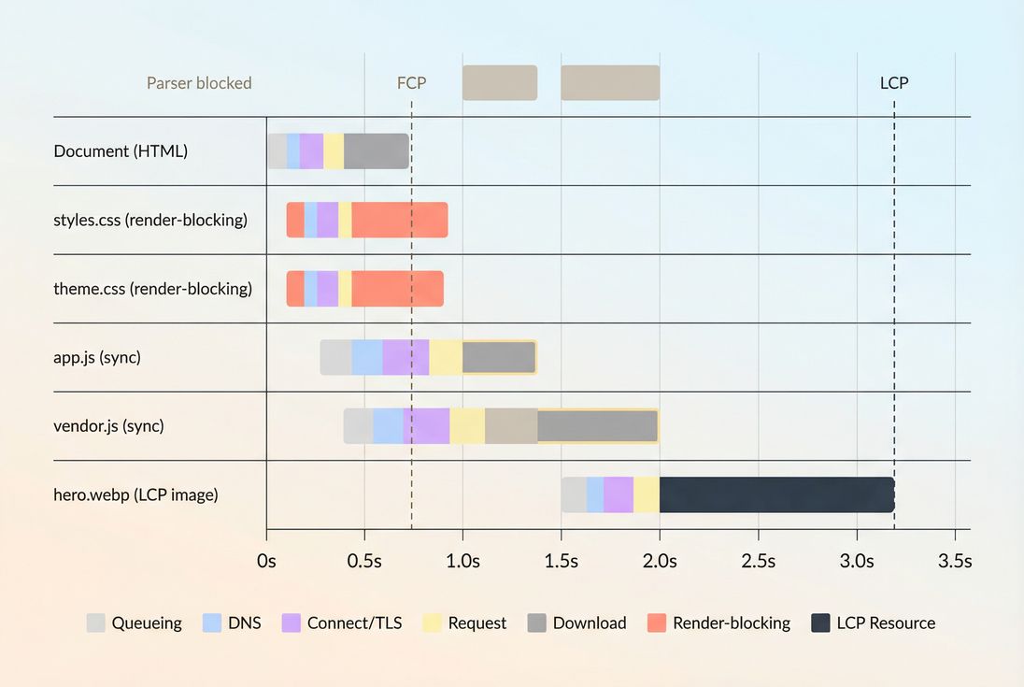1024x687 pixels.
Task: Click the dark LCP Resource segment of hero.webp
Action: [776, 494]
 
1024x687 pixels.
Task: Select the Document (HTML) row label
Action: [121, 151]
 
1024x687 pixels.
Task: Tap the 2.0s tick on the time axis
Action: [659, 562]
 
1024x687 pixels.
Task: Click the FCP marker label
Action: [411, 83]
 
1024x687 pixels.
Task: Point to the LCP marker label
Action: [893, 83]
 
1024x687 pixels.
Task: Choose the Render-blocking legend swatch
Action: [657, 623]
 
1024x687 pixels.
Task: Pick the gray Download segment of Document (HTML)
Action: [376, 151]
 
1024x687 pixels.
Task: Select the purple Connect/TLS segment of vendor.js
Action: [426, 426]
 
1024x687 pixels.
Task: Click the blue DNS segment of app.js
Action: [367, 358]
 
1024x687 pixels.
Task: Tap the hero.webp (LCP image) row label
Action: [135, 495]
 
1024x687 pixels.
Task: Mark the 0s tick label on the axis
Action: [266, 562]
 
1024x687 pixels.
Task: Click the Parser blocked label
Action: [199, 83]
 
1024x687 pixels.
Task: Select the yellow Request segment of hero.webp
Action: [647, 494]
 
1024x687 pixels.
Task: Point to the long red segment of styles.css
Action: [399, 220]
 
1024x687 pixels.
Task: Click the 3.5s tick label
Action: [954, 562]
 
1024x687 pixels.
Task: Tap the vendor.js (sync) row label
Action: [108, 426]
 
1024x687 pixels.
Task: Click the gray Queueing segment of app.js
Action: [335, 358]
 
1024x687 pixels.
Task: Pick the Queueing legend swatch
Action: [96, 623]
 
